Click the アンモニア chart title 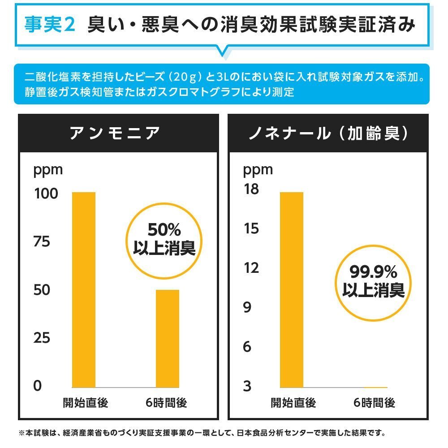[x=115, y=134]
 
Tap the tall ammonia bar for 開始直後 [x=84, y=289]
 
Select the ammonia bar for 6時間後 [x=167, y=338]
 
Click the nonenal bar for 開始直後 [x=292, y=289]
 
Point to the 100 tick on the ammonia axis [x=46, y=194]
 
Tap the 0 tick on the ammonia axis [x=38, y=386]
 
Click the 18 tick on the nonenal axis [x=251, y=190]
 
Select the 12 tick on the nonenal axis [x=251, y=268]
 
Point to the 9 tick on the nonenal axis [x=247, y=307]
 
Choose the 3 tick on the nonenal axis [x=247, y=386]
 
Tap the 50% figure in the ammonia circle [x=164, y=230]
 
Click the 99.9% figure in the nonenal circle [x=373, y=271]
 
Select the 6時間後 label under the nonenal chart [x=374, y=403]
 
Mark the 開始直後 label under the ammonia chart [x=85, y=403]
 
